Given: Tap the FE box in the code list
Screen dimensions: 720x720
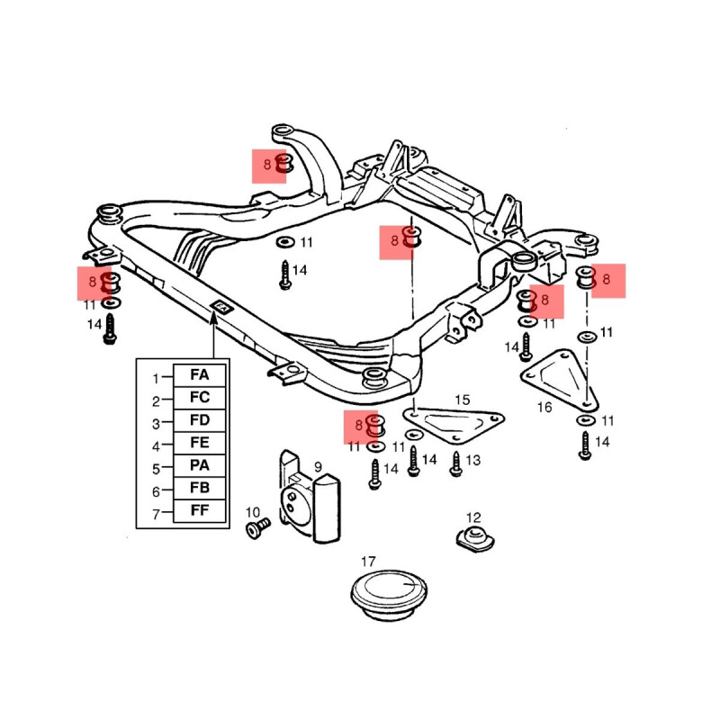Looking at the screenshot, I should click(x=199, y=444).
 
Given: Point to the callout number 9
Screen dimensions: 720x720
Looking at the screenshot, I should click(x=318, y=467).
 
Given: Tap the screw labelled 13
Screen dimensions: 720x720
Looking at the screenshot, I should click(x=456, y=463).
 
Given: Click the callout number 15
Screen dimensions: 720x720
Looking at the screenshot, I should click(x=462, y=400).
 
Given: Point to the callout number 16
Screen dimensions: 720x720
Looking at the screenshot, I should click(x=544, y=408).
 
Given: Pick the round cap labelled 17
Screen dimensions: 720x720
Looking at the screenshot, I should click(x=387, y=595).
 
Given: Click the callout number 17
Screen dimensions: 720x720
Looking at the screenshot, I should click(x=368, y=562).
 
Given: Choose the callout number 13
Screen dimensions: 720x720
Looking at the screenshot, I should click(x=473, y=460).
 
